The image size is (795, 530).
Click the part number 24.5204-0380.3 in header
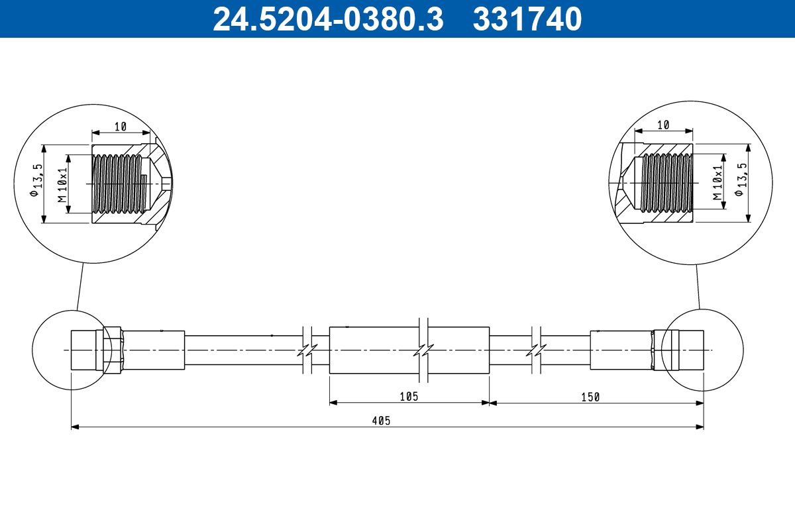point(327,19)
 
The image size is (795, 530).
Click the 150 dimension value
point(590,397)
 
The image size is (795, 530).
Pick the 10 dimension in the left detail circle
point(120,126)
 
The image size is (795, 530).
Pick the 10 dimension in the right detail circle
point(663,125)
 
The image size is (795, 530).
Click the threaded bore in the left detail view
point(118,184)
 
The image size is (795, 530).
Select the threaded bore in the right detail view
point(666,182)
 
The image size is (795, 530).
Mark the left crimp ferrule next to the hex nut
point(153,349)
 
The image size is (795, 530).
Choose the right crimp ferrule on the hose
point(621,349)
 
